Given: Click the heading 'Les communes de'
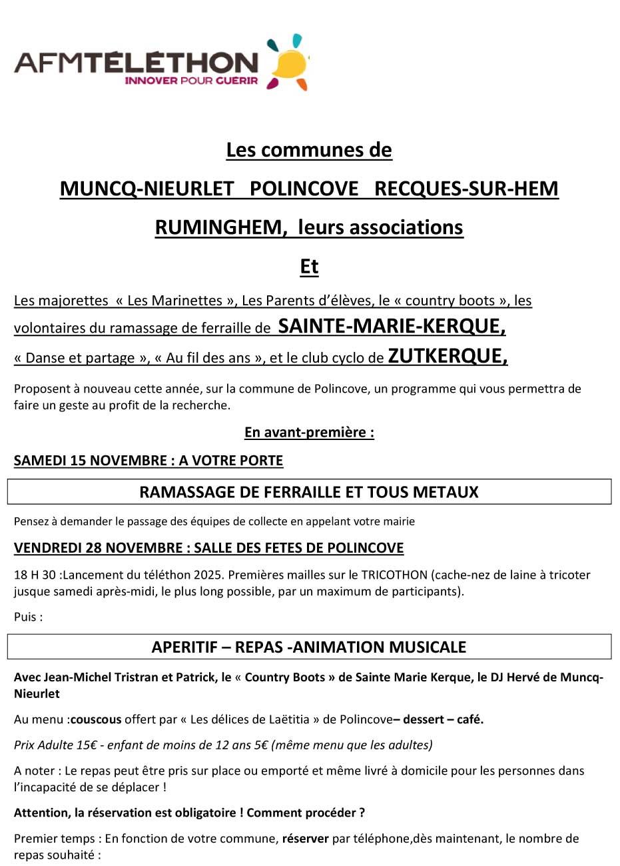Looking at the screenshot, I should click(309, 150).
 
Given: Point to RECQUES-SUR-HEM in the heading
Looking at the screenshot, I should click(466, 189).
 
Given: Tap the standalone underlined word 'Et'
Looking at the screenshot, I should click(309, 266).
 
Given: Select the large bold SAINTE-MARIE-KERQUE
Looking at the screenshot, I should click(392, 327).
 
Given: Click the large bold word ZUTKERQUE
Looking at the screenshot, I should click(448, 357).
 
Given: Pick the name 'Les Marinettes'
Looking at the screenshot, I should click(175, 301).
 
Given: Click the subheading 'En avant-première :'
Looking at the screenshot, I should click(309, 432).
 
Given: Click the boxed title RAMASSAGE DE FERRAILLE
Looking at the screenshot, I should click(309, 492).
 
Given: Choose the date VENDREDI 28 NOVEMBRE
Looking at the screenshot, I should click(98, 548).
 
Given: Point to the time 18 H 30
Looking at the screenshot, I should click(35, 575).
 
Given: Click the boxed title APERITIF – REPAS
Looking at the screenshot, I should click(309, 647).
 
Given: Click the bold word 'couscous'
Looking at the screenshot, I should click(96, 719).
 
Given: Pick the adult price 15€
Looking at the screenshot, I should click(88, 745).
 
